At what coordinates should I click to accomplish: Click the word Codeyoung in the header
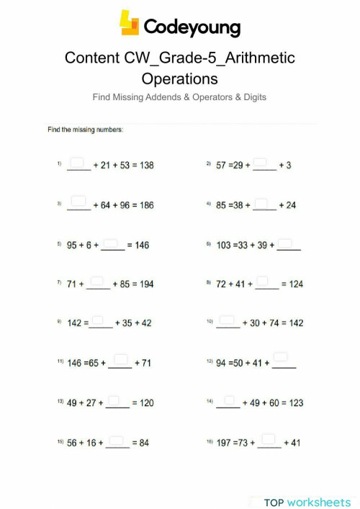coord(192,27)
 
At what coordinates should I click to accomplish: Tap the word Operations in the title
coord(180,77)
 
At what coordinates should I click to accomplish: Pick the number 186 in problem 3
coord(145,205)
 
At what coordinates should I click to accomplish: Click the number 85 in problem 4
coord(222,205)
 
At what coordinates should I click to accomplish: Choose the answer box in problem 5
coord(111,241)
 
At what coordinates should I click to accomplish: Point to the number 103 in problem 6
coord(225,245)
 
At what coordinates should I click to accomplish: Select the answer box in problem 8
coord(263,280)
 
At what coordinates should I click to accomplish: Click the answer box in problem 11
coord(121,359)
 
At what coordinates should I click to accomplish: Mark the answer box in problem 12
coord(281,356)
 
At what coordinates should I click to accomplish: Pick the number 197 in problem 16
coord(225,443)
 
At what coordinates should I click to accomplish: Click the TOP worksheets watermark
coord(307,501)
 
